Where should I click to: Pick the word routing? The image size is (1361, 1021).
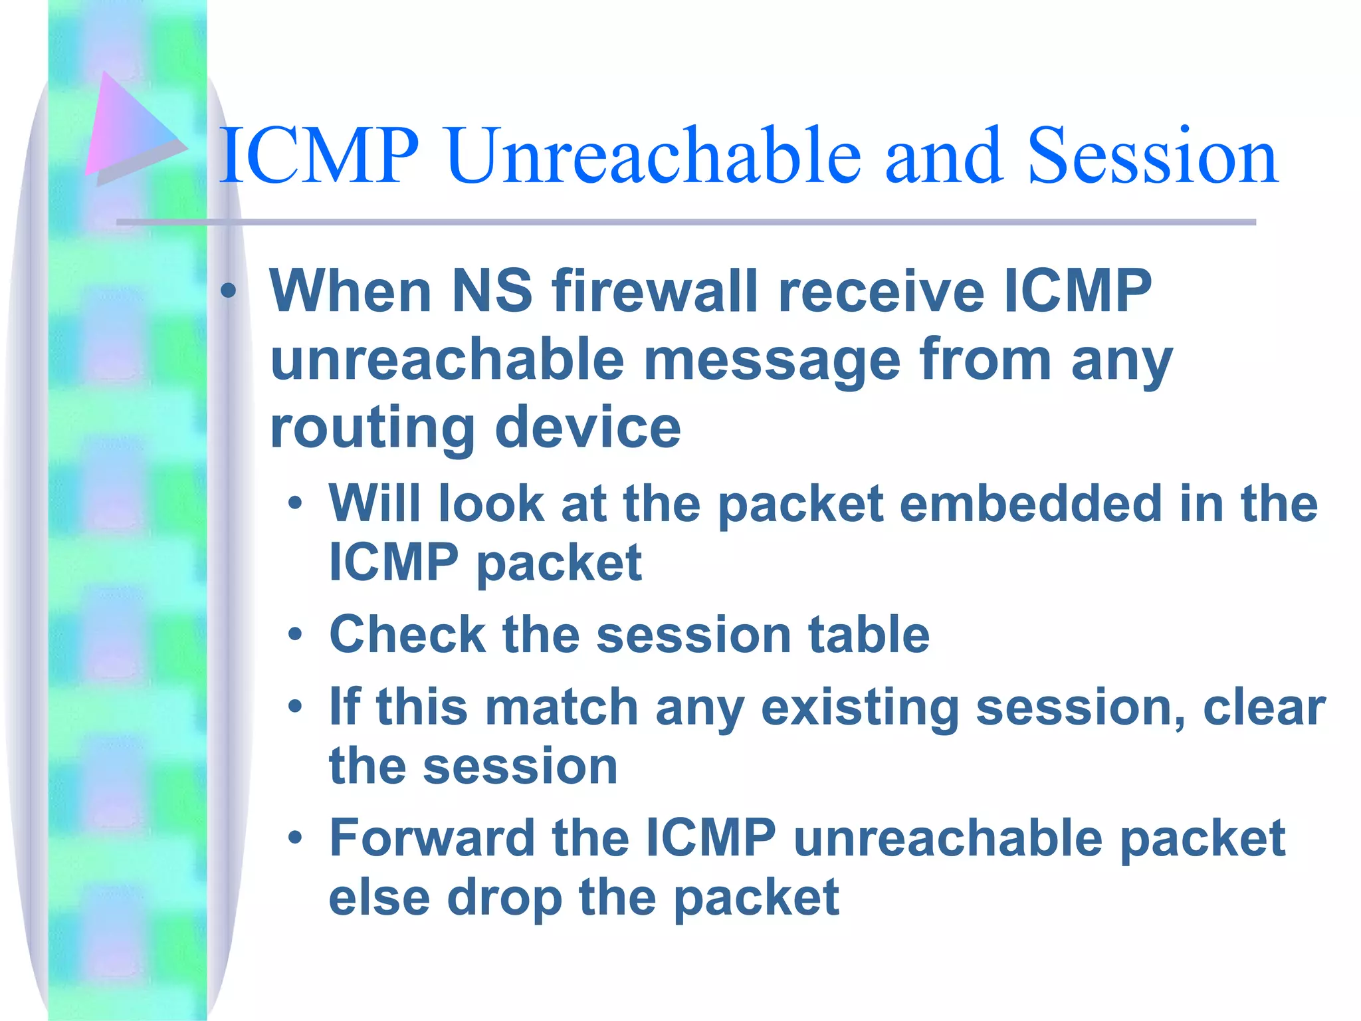tap(372, 429)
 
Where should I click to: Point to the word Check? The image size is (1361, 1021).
tap(407, 634)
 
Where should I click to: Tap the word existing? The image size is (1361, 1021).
tap(859, 707)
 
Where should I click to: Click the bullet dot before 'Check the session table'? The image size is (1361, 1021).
tap(295, 635)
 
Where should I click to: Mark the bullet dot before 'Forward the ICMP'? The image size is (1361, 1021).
tap(295, 838)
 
